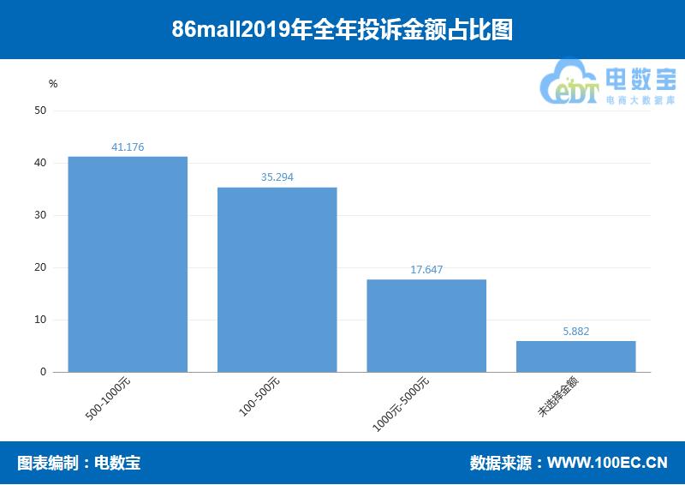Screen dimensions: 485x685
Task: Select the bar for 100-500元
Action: pyautogui.click(x=277, y=279)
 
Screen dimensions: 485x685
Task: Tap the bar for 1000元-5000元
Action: pyautogui.click(x=426, y=326)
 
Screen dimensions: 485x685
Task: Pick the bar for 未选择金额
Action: pyautogui.click(x=575, y=356)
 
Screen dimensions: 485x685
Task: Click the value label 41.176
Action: pyautogui.click(x=128, y=147)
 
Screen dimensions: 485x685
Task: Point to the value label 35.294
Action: pyautogui.click(x=277, y=178)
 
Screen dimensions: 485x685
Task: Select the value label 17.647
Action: pyautogui.click(x=426, y=270)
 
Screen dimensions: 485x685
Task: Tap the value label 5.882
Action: pyautogui.click(x=575, y=332)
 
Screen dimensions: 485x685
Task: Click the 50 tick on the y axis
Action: pyautogui.click(x=40, y=111)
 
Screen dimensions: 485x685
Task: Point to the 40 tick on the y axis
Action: pyautogui.click(x=40, y=163)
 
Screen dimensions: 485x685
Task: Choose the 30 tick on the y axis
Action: pyautogui.click(x=40, y=215)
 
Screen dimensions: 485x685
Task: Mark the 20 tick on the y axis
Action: pyautogui.click(x=40, y=267)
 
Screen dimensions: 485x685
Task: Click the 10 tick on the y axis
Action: pyautogui.click(x=40, y=320)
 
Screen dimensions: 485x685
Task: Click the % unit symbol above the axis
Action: pyautogui.click(x=53, y=84)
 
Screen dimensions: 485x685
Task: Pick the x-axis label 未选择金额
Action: pyautogui.click(x=558, y=398)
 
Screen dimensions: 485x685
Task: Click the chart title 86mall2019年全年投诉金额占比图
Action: pyautogui.click(x=342, y=30)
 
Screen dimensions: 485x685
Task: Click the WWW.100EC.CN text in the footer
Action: pyautogui.click(x=607, y=464)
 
